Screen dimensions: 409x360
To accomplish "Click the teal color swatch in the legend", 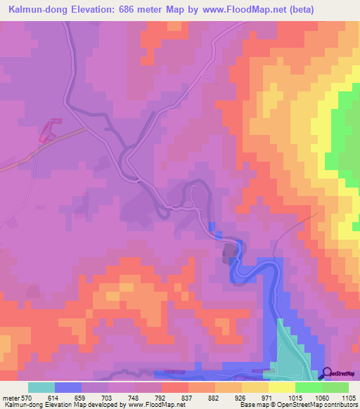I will click(41, 387).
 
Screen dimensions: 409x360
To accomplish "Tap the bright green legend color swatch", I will click(308, 387).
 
